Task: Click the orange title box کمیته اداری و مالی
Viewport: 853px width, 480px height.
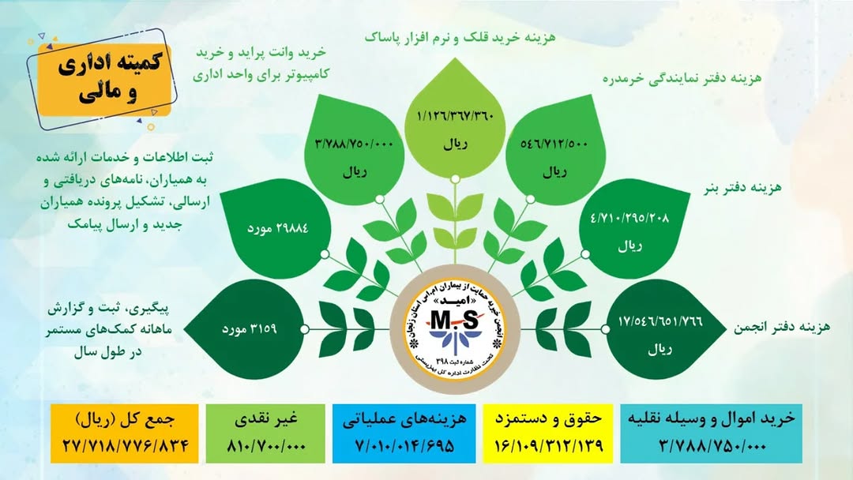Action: (x=104, y=81)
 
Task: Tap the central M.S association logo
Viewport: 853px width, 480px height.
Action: (x=455, y=329)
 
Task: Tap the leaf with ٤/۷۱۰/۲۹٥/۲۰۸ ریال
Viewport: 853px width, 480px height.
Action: (x=634, y=229)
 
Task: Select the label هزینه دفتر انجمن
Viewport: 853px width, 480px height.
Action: (x=782, y=327)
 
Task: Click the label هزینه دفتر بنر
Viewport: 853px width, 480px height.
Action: (x=742, y=188)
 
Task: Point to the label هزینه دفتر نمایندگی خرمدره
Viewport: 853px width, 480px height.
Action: (x=682, y=78)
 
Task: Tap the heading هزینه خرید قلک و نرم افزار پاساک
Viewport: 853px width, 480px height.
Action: (x=460, y=37)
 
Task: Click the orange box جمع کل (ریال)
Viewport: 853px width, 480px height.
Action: (x=125, y=433)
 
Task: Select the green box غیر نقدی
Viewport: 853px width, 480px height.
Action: (x=265, y=433)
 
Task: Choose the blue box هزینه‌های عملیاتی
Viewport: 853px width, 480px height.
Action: (x=404, y=433)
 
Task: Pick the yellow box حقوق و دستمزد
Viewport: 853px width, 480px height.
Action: (x=548, y=433)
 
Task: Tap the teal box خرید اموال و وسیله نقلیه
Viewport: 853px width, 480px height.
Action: (x=711, y=433)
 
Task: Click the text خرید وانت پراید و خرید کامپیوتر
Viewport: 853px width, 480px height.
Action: (x=261, y=63)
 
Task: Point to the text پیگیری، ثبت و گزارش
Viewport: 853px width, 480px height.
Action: (x=108, y=309)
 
